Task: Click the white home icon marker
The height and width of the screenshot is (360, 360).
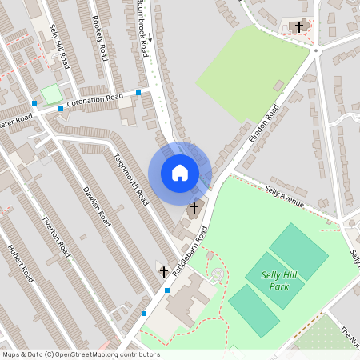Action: [x=180, y=173]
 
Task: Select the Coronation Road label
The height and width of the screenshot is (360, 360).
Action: [x=95, y=101]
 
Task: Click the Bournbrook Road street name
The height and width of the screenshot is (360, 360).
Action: [x=142, y=28]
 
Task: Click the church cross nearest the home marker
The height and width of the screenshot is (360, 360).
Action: [x=194, y=207]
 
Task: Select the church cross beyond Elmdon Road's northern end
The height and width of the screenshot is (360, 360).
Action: [x=299, y=26]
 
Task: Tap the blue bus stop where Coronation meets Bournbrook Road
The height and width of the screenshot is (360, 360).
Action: [x=138, y=93]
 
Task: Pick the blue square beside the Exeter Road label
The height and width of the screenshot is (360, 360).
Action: [x=34, y=103]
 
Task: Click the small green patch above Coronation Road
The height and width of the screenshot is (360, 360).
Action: [x=51, y=94]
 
